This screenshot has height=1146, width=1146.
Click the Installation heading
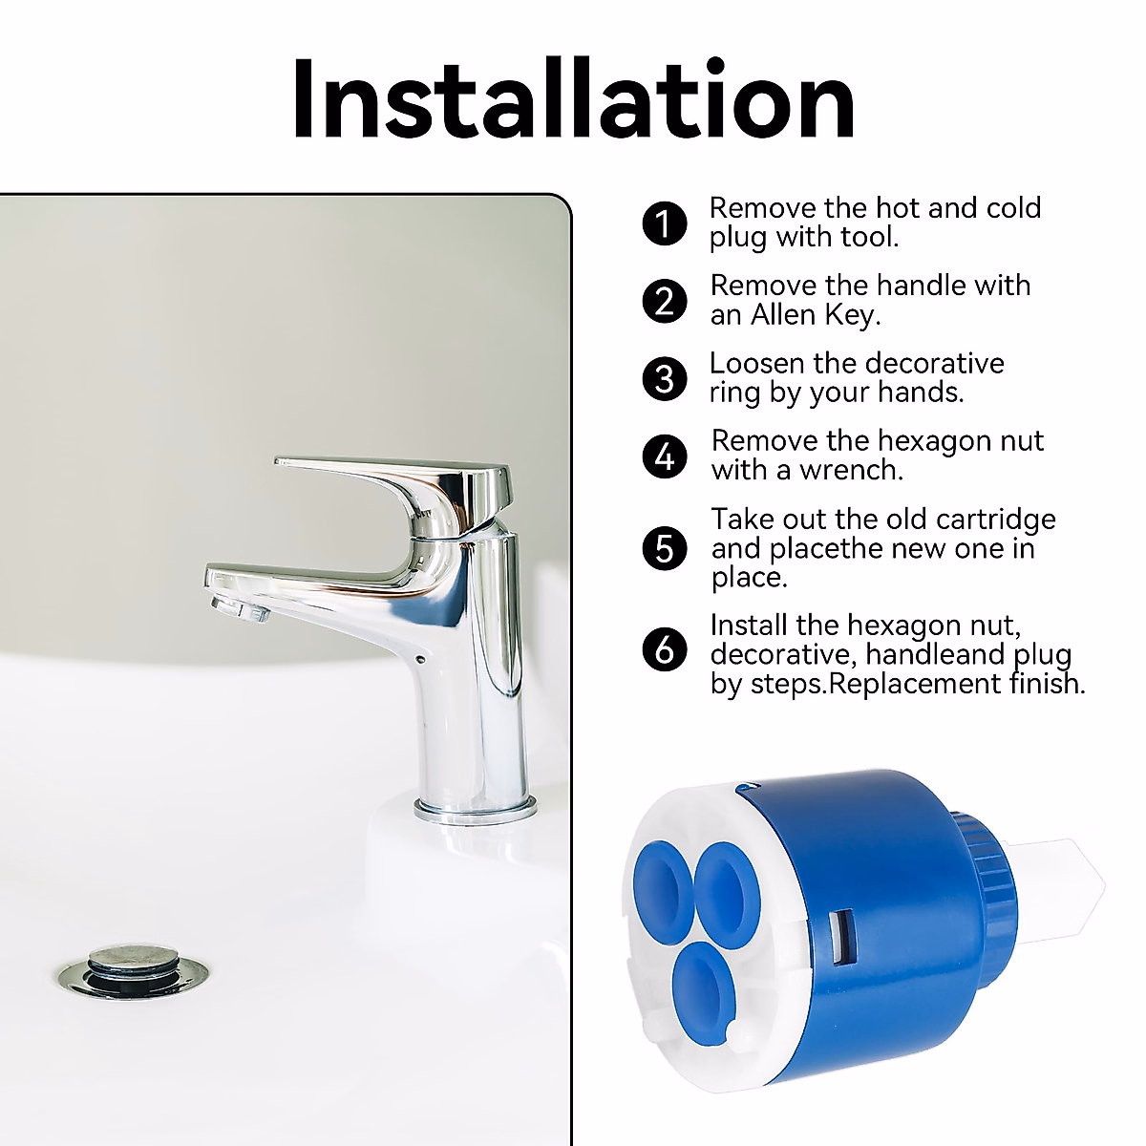pyautogui.click(x=573, y=99)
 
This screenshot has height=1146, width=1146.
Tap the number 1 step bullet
pyautogui.click(x=665, y=224)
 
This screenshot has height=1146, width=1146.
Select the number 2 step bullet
pyautogui.click(x=665, y=302)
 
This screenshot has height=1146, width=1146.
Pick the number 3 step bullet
pyautogui.click(x=665, y=379)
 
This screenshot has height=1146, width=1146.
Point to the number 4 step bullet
pyautogui.click(x=665, y=456)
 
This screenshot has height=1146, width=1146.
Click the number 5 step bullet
pyautogui.click(x=665, y=549)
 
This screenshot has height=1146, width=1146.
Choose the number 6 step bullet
pyautogui.click(x=665, y=650)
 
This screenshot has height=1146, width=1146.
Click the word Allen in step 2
pyautogui.click(x=782, y=315)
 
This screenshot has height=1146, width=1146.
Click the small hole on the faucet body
pyautogui.click(x=421, y=659)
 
